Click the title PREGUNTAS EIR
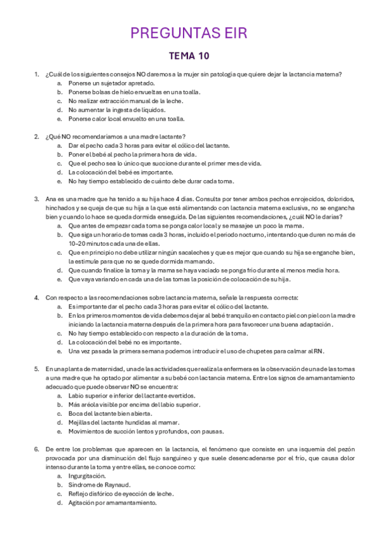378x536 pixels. coord(189,33)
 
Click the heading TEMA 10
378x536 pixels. coord(189,56)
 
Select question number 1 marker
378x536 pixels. coord(37,75)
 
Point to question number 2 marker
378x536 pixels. coord(37,137)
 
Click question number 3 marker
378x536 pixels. coord(37,198)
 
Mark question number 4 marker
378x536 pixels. coord(37,297)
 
